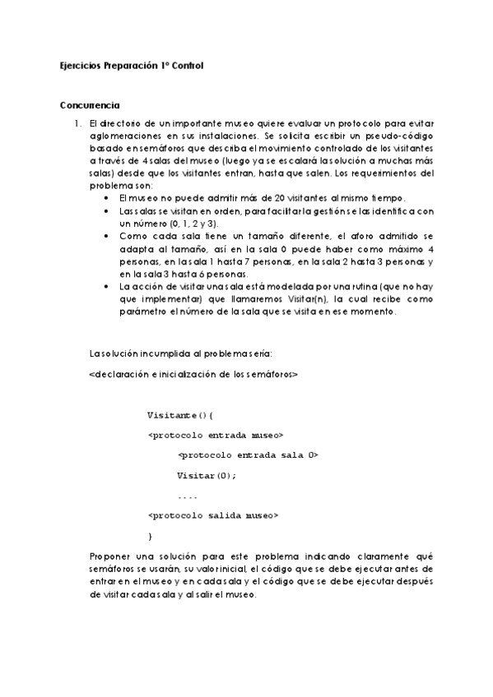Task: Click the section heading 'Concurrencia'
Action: click(90, 105)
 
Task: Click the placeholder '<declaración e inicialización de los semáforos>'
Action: click(193, 374)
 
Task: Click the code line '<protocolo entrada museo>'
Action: click(216, 434)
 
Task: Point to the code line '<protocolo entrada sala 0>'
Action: click(248, 455)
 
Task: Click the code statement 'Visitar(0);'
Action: click(207, 475)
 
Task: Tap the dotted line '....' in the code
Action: click(187, 496)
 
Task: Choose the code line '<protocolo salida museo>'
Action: click(214, 515)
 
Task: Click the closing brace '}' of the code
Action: click(150, 536)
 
